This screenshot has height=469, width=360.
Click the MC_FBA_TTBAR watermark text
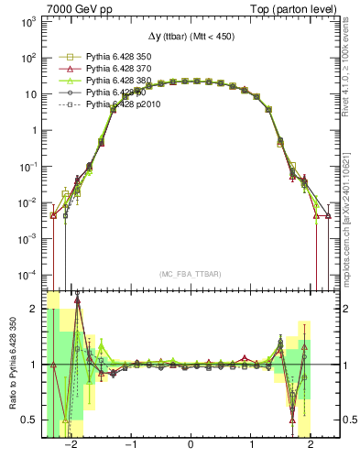[x=191, y=274]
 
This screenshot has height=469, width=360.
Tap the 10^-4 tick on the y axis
[x=28, y=274]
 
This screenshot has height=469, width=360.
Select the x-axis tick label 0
[x=191, y=445]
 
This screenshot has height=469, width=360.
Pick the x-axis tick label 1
[x=251, y=445]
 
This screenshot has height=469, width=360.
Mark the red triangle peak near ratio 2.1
[x=78, y=299]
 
